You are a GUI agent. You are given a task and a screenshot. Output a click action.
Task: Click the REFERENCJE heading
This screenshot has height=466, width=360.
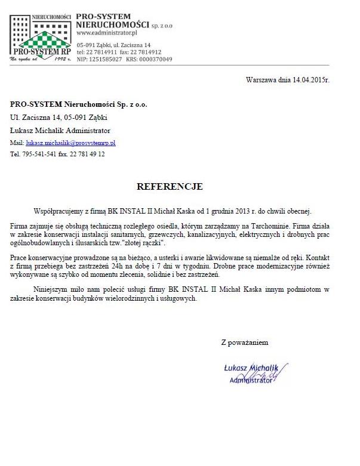point(170,187)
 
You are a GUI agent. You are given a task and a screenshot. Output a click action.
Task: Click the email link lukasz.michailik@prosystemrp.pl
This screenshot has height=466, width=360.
point(70,143)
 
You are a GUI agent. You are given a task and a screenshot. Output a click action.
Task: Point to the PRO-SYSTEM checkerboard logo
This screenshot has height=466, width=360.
point(41,36)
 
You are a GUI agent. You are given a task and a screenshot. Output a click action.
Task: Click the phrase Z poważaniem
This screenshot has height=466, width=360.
point(245,342)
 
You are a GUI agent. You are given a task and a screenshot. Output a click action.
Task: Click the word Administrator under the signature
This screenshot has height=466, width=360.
point(251,379)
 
